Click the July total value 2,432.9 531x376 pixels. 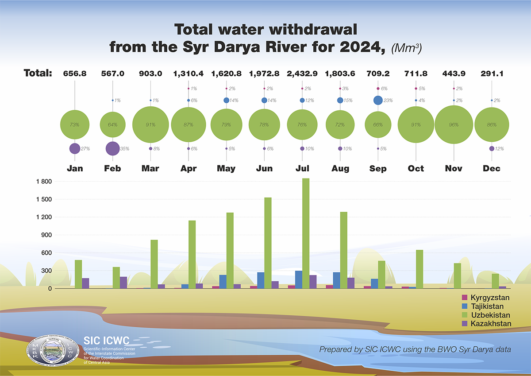(x=302, y=73)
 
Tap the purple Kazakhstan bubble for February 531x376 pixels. (x=112, y=148)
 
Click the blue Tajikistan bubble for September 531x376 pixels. (x=378, y=101)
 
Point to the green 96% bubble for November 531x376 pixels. (x=454, y=125)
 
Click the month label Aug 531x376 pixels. (x=340, y=169)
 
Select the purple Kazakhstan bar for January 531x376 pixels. (x=85, y=283)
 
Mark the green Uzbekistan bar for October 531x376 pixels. (x=419, y=269)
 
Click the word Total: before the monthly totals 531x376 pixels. (x=38, y=73)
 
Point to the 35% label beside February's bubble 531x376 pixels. (x=125, y=149)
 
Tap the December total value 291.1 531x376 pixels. (x=492, y=73)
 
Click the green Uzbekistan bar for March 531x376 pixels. (x=154, y=264)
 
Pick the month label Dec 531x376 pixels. (x=492, y=169)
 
